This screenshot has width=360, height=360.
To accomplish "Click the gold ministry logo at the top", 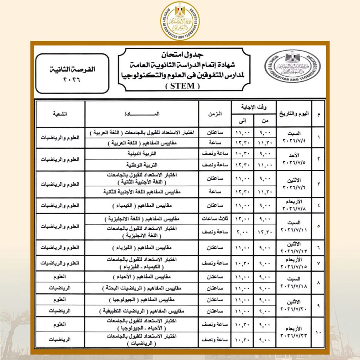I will click(x=180, y=21).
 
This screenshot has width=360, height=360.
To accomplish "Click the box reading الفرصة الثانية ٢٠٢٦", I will click(x=72, y=73).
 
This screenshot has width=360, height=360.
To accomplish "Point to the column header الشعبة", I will click(x=60, y=114).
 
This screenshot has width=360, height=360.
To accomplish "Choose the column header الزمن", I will click(x=215, y=114).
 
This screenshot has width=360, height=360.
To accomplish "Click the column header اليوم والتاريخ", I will click(x=294, y=114).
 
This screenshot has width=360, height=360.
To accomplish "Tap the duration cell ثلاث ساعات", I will click(x=215, y=219).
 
